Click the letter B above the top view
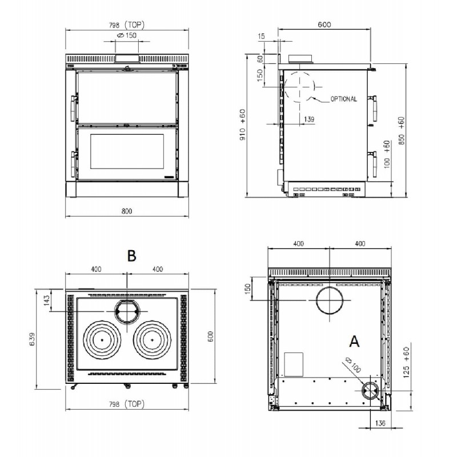132,255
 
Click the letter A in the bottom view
354,341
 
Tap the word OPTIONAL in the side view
344,99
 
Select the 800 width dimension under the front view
127,211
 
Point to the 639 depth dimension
32,339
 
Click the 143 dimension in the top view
47,300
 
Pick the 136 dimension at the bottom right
380,423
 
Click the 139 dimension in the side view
309,119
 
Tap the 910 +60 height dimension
242,125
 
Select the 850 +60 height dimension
402,131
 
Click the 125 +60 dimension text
407,362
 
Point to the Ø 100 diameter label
352,364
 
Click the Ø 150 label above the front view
126,35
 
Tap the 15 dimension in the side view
262,36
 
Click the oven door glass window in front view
127,151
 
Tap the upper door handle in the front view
73,108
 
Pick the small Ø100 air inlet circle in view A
363,391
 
